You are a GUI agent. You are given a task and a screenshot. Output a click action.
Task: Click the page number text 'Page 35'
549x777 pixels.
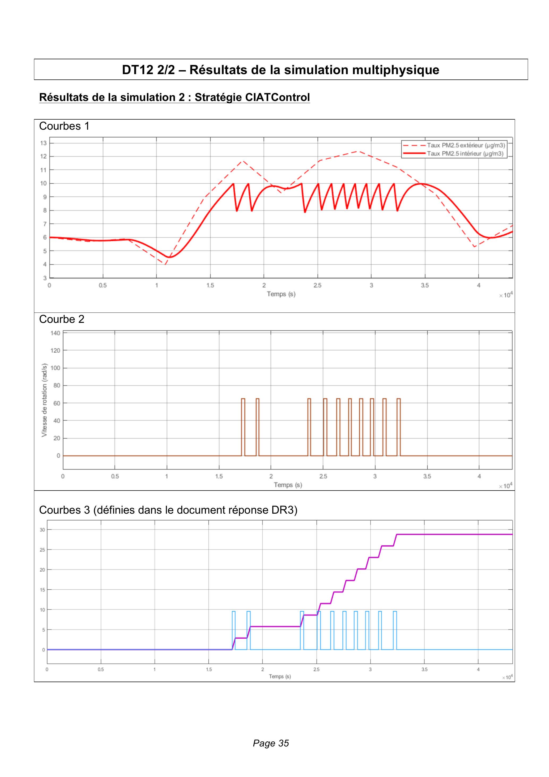[271, 743]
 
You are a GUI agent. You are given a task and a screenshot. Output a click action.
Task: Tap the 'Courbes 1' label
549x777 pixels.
[64, 126]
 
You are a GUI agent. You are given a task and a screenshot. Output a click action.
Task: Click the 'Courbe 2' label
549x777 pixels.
[62, 319]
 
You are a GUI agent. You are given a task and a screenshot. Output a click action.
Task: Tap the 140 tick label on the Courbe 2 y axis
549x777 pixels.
[56, 333]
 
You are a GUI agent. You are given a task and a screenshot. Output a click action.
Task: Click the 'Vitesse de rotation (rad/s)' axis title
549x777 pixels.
[44, 400]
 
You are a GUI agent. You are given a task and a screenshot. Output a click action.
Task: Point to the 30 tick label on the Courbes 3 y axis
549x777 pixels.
[42, 530]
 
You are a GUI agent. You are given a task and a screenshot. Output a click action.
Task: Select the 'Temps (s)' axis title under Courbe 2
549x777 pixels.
[288, 485]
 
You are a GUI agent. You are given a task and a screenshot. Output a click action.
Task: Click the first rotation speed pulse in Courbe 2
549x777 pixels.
[243, 427]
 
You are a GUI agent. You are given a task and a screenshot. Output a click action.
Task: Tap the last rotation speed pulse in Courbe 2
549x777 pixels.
[398, 427]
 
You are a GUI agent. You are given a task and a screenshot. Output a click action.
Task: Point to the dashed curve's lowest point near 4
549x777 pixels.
[165, 264]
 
